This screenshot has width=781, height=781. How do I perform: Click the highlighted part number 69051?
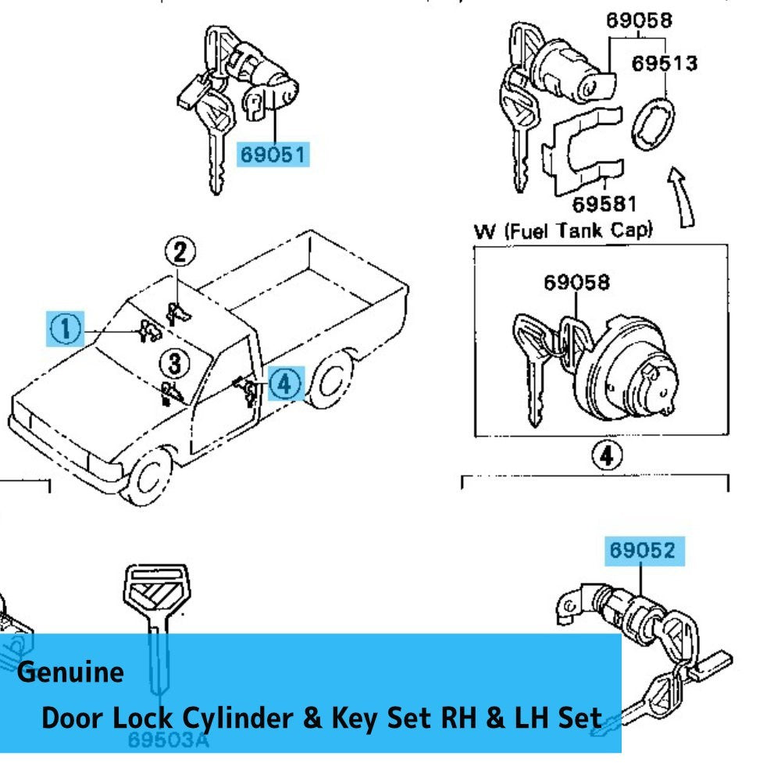click(x=273, y=154)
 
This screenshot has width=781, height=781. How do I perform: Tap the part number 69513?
click(x=664, y=62)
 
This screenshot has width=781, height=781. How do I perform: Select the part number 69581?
click(x=604, y=205)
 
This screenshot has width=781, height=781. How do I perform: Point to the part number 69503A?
click(x=169, y=739)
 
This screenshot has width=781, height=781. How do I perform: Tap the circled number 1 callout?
click(x=66, y=329)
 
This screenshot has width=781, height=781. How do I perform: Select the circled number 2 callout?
click(x=180, y=251)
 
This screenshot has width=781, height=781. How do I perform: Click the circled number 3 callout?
click(x=174, y=362)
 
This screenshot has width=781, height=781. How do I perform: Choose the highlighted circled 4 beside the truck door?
click(x=285, y=383)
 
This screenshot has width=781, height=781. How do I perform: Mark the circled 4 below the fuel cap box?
click(x=603, y=455)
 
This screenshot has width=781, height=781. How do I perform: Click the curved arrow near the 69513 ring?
click(x=681, y=195)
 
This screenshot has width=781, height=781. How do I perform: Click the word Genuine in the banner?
click(x=70, y=672)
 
